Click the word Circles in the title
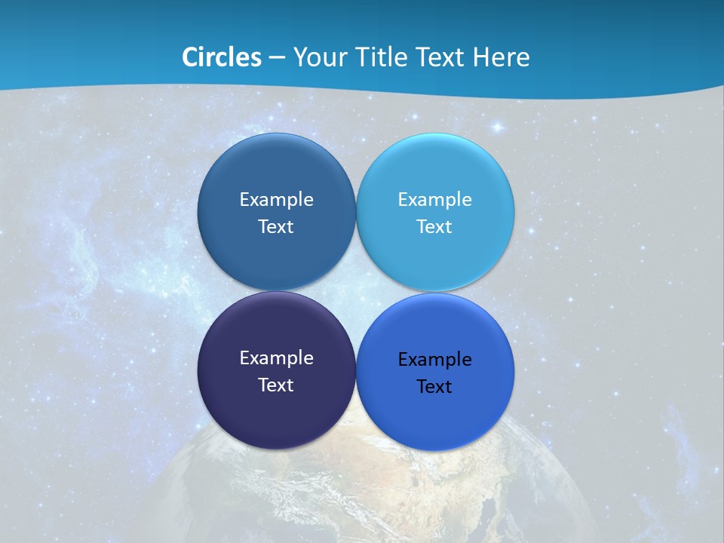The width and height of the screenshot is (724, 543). point(221,57)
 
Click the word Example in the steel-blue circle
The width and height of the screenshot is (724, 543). point(276,199)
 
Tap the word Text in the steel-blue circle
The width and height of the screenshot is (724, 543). point(276,226)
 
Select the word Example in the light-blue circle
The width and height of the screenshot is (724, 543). point(434,199)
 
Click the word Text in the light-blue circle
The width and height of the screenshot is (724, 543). point(434,226)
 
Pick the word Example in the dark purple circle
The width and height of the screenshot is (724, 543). point(276,357)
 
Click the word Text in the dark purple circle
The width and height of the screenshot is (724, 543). point(276,385)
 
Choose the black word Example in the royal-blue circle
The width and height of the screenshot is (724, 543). point(434,359)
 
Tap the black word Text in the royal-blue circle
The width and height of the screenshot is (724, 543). point(434,386)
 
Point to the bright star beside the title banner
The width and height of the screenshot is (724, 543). point(498,127)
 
